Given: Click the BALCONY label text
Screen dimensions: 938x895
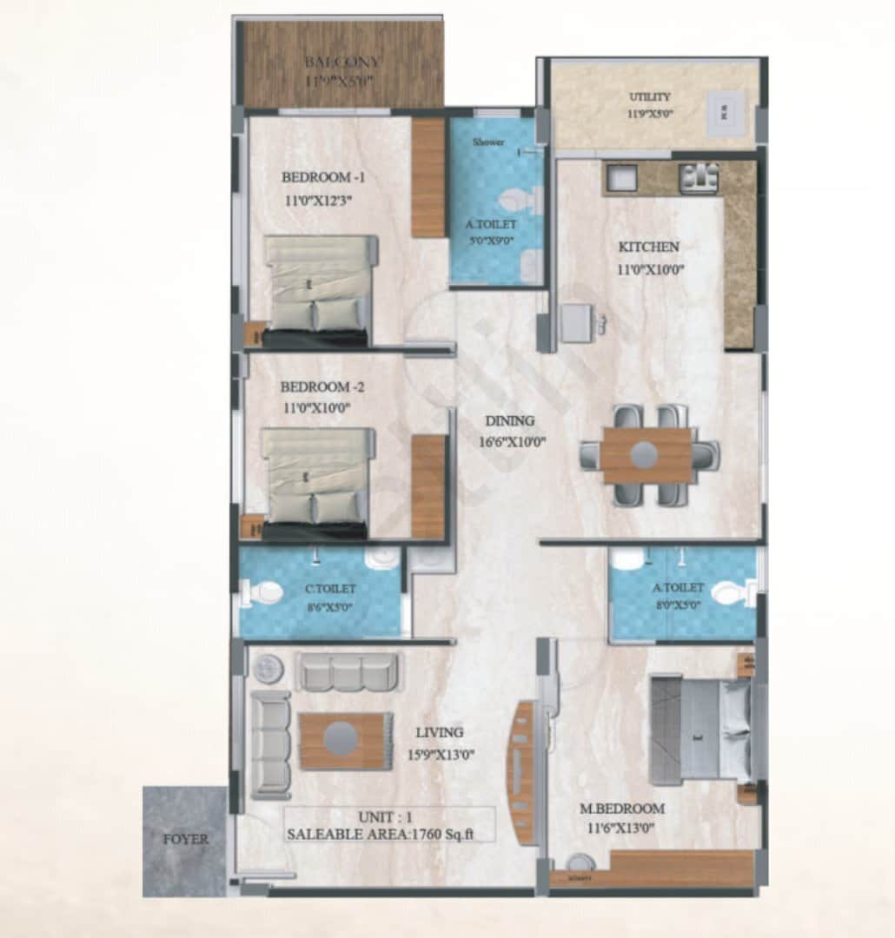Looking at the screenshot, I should pos(342,63).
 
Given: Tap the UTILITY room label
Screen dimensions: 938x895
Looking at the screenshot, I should pos(649,97).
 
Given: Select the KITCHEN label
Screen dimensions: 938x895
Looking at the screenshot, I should pos(648,248).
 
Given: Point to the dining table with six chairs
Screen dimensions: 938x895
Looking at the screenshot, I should pos(647,455).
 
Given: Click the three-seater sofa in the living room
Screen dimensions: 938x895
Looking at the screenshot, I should pos(348,671).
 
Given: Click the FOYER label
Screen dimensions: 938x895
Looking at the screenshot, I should pos(186,840).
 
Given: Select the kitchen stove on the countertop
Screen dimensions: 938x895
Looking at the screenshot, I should pos(699,178).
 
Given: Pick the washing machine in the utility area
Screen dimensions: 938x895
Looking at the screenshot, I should pos(725,111).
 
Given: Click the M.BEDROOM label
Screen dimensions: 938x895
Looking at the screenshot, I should pos(621,809).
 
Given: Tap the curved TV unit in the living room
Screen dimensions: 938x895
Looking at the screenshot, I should pos(522,772).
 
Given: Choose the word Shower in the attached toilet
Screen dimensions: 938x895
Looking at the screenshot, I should pos(488,142).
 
